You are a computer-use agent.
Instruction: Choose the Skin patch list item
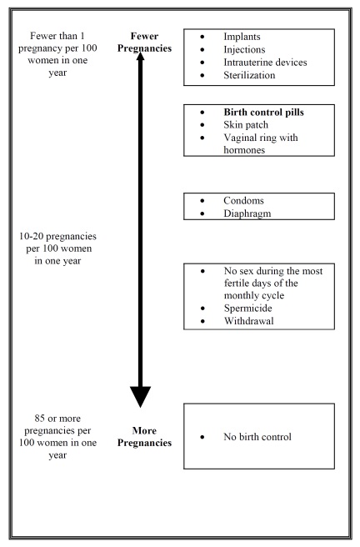coord(247,124)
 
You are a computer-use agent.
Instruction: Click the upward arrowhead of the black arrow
coord(141,60)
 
